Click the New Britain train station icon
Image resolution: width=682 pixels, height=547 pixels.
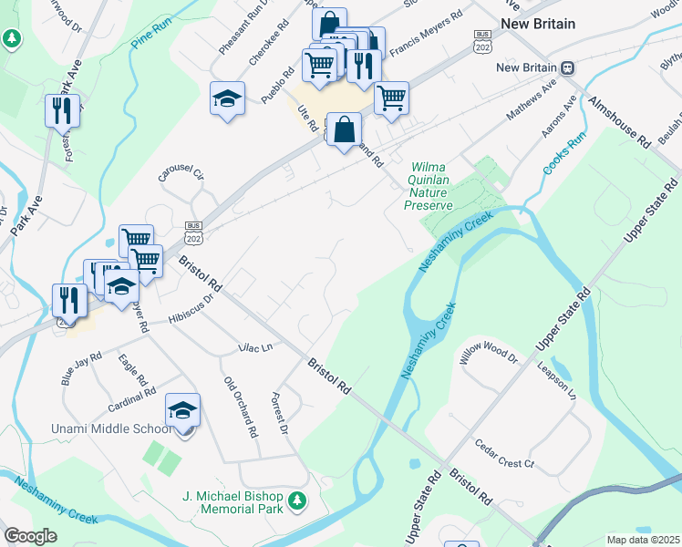567,67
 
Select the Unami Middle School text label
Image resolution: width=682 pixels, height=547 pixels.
86,428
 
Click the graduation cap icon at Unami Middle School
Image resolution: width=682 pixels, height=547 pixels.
182,411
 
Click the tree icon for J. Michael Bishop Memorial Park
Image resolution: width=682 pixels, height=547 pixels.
296,501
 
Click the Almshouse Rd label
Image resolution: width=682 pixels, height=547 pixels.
620,121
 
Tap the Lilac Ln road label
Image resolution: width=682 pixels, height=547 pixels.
254,347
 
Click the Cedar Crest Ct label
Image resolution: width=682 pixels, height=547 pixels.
504,463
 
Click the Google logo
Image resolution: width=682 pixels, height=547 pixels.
30,536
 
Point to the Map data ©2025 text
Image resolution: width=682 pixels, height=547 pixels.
643,539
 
